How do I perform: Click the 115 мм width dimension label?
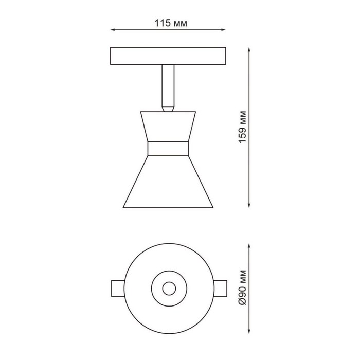click(171, 23)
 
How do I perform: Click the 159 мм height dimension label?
click(242, 127)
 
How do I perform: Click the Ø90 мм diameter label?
click(242, 287)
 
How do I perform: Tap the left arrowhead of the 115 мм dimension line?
click(113, 30)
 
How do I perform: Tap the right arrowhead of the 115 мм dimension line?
click(223, 30)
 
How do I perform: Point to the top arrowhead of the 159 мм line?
click(249, 50)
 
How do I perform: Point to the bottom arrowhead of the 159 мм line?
click(249, 205)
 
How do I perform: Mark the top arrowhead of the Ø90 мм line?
click(249, 246)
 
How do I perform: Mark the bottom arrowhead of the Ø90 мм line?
click(249, 331)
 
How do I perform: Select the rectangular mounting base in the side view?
click(168, 56)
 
